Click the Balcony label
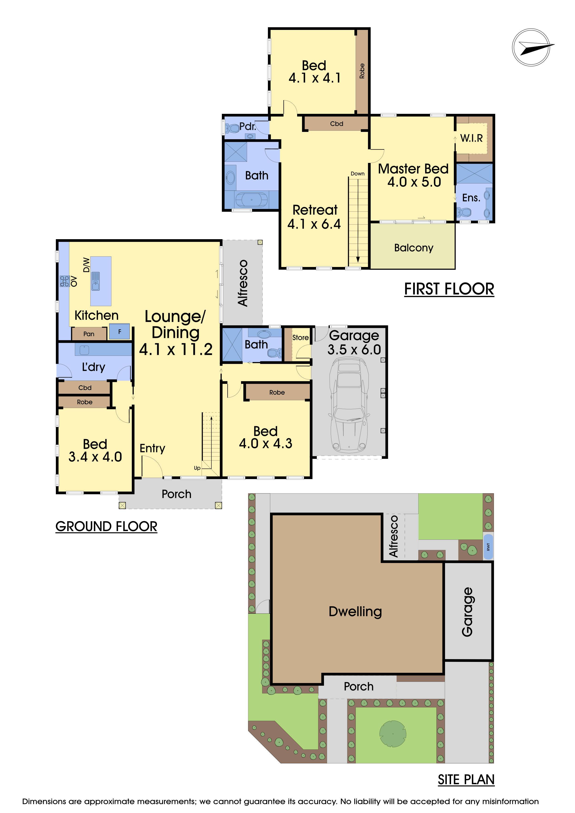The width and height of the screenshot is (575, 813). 413,248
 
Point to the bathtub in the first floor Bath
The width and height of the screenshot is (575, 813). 251,200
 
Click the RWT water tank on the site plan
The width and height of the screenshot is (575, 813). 488,547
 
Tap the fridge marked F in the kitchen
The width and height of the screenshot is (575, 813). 119,332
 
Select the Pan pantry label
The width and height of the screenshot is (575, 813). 89,334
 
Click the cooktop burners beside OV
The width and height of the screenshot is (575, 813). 64,281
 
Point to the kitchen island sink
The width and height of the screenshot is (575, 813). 95,281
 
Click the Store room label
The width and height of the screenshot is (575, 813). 300,337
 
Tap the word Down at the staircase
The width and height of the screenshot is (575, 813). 358,174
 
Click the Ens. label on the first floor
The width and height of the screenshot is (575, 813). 471,198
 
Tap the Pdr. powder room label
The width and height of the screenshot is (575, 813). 248,126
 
